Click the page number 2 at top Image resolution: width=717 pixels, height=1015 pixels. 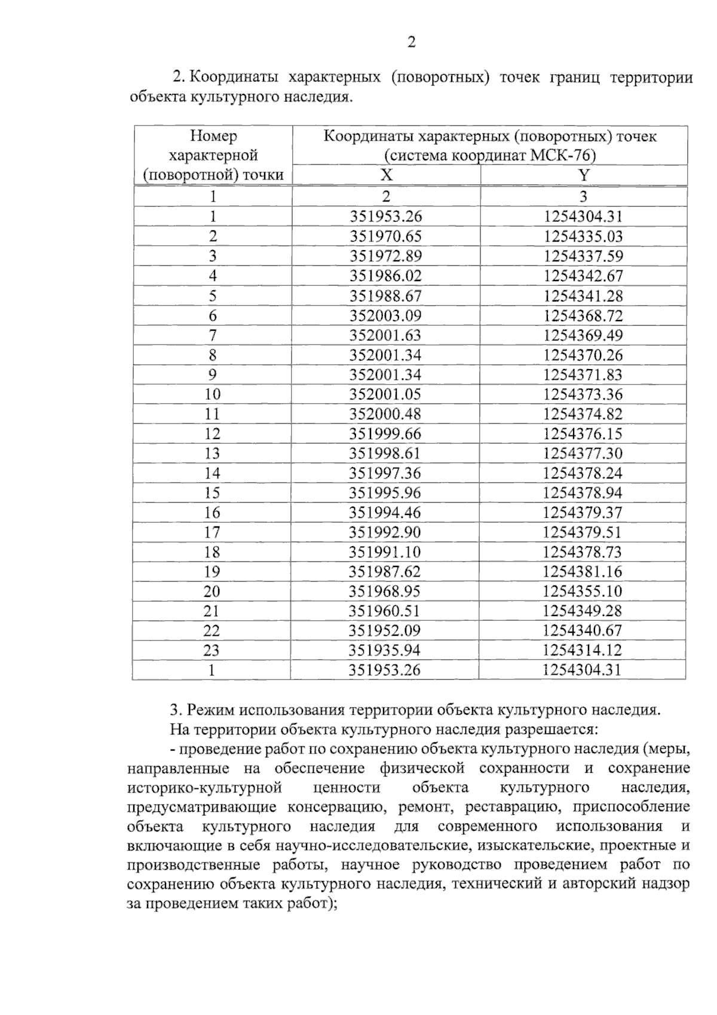pyautogui.click(x=411, y=42)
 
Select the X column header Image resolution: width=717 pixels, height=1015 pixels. pyautogui.click(x=387, y=175)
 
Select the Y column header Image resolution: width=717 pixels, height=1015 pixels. pyautogui.click(x=584, y=175)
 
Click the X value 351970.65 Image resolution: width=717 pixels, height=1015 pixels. pyautogui.click(x=385, y=236)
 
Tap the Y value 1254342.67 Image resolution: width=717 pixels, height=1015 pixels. pyautogui.click(x=583, y=276)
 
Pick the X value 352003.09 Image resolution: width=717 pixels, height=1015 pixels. pyautogui.click(x=385, y=315)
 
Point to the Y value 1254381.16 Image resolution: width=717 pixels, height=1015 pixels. pyautogui.click(x=583, y=571)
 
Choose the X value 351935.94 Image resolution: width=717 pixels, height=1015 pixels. pyautogui.click(x=385, y=650)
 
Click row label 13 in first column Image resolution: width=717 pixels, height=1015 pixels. pyautogui.click(x=212, y=453)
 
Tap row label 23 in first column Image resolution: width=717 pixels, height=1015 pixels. pyautogui.click(x=212, y=650)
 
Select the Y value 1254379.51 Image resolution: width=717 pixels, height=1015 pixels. pyautogui.click(x=583, y=532)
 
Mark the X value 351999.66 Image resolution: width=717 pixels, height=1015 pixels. pyautogui.click(x=385, y=434)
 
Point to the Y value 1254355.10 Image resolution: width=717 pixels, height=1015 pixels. pyautogui.click(x=583, y=591)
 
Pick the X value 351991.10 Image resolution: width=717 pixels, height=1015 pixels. pyautogui.click(x=385, y=551)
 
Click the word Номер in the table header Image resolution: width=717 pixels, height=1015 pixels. pyautogui.click(x=213, y=136)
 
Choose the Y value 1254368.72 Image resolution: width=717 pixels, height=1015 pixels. pyautogui.click(x=583, y=315)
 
